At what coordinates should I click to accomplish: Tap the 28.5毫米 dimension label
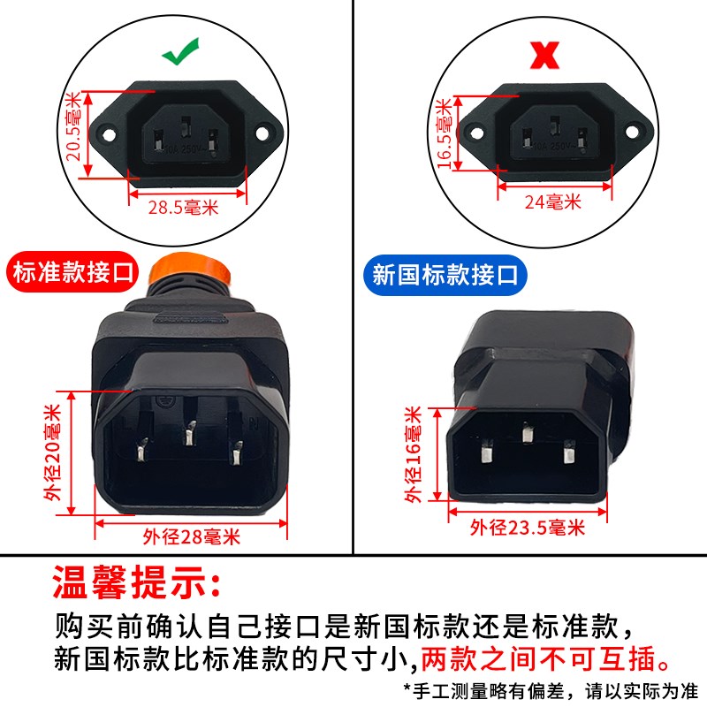184,208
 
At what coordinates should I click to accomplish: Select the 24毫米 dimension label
552,201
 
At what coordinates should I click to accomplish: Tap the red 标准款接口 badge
73,272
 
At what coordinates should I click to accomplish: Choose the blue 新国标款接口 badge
445,274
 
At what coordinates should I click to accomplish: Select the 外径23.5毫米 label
528,528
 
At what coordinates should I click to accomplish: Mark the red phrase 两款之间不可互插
541,658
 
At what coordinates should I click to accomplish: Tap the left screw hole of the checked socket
108,135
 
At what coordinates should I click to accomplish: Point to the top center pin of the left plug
188,433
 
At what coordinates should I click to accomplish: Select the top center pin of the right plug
528,435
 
